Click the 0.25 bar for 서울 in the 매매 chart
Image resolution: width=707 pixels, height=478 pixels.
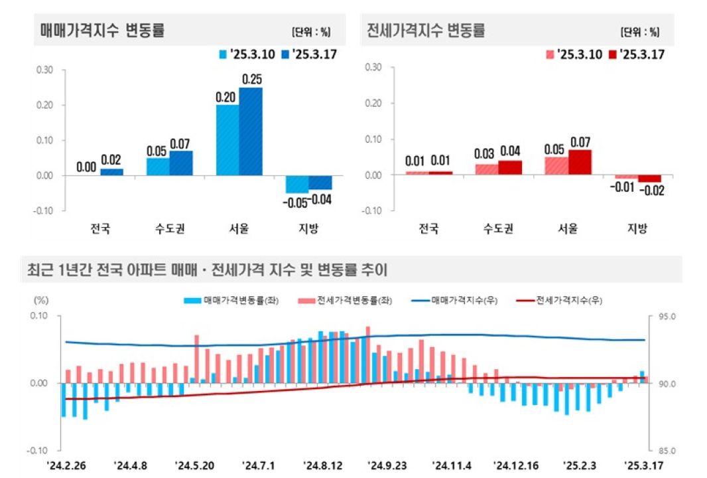pos(250,131)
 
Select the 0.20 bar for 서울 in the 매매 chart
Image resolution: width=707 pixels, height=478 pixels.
pos(227,140)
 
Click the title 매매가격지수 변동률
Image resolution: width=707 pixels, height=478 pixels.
pos(102,31)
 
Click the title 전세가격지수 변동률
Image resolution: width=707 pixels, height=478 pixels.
pos(425,31)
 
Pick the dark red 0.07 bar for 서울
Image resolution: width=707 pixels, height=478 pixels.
pos(579,162)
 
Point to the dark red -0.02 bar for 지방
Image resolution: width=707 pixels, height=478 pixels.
pos(649,178)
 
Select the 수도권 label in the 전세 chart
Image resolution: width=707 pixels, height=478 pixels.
pos(498,229)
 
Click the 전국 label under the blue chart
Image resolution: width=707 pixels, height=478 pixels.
pos(100,229)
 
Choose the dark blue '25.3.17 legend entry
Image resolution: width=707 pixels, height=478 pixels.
pos(308,54)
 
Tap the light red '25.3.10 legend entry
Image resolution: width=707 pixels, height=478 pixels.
pos(574,54)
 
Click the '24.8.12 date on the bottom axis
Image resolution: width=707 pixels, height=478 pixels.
pos(322,465)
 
